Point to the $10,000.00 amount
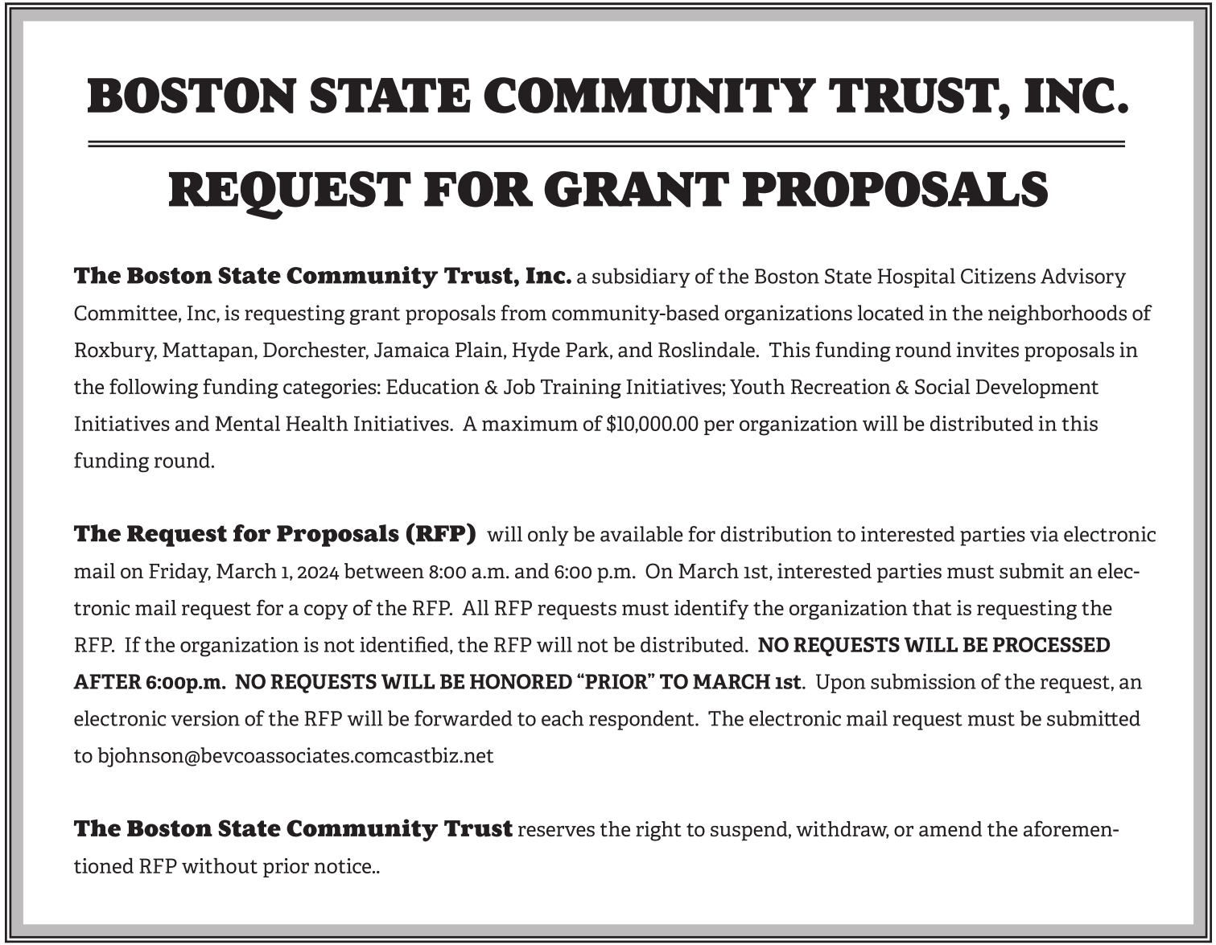tap(652, 424)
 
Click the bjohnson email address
tap(295, 756)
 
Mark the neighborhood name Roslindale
tap(707, 351)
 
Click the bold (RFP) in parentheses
tap(441, 534)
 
